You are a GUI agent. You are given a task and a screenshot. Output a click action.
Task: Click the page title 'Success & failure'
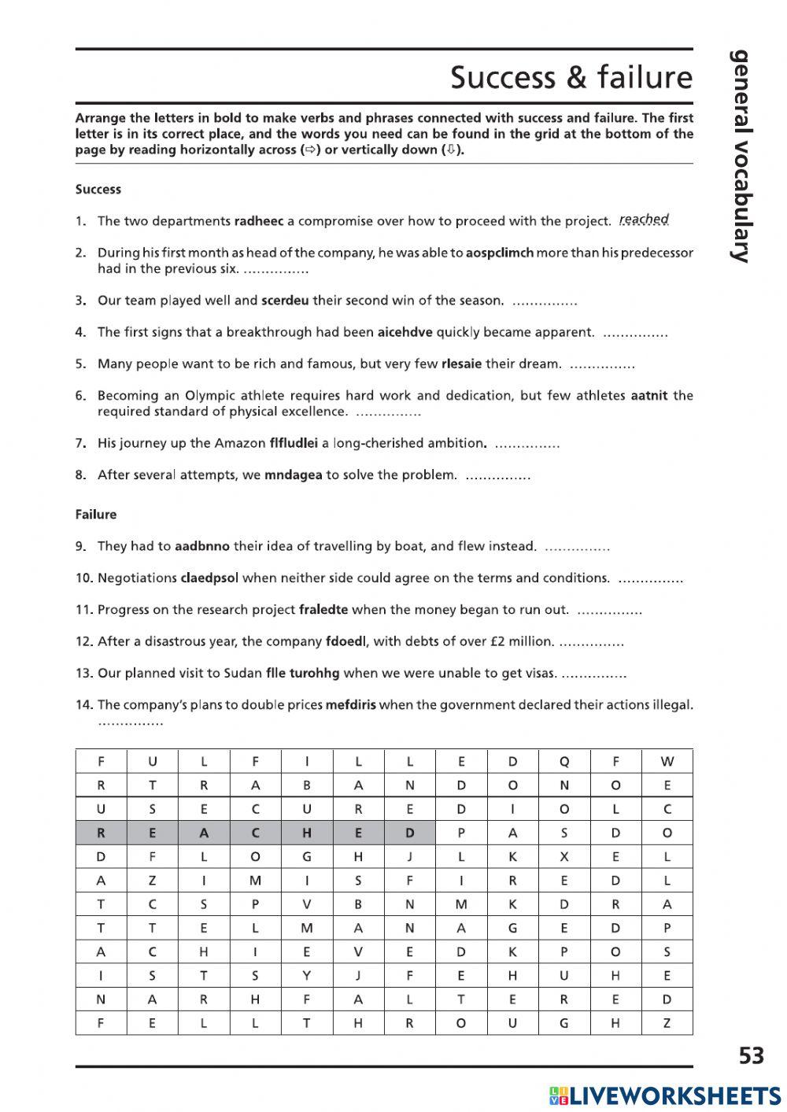pyautogui.click(x=571, y=77)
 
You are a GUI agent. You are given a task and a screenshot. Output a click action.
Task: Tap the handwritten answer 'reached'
pyautogui.click(x=644, y=220)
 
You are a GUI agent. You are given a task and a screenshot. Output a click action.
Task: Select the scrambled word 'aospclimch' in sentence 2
pyautogui.click(x=500, y=253)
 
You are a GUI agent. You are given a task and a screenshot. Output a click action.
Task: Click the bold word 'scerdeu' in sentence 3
pyautogui.click(x=286, y=301)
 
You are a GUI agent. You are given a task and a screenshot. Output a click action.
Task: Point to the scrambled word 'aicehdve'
pyautogui.click(x=405, y=332)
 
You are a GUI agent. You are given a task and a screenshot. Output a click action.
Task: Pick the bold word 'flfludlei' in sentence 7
pyautogui.click(x=293, y=443)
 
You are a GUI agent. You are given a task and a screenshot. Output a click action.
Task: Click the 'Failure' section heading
pyautogui.click(x=96, y=515)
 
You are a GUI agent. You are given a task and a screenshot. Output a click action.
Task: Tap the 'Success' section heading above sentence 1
pyautogui.click(x=98, y=190)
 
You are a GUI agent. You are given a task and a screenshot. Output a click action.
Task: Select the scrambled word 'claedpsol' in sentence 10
pyautogui.click(x=209, y=578)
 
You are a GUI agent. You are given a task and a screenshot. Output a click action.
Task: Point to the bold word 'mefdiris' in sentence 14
pyautogui.click(x=351, y=705)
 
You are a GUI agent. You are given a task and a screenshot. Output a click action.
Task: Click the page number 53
pyautogui.click(x=752, y=1055)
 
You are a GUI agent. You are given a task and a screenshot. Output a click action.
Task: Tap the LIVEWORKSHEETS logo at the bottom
pyautogui.click(x=665, y=1095)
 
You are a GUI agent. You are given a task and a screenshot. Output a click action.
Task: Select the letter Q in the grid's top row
pyautogui.click(x=563, y=761)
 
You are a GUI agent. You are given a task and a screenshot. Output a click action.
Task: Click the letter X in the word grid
pyautogui.click(x=563, y=857)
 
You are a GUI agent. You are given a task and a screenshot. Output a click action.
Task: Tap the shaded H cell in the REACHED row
pyautogui.click(x=307, y=833)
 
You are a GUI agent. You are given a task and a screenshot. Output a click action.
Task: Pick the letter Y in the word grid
pyautogui.click(x=307, y=976)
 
